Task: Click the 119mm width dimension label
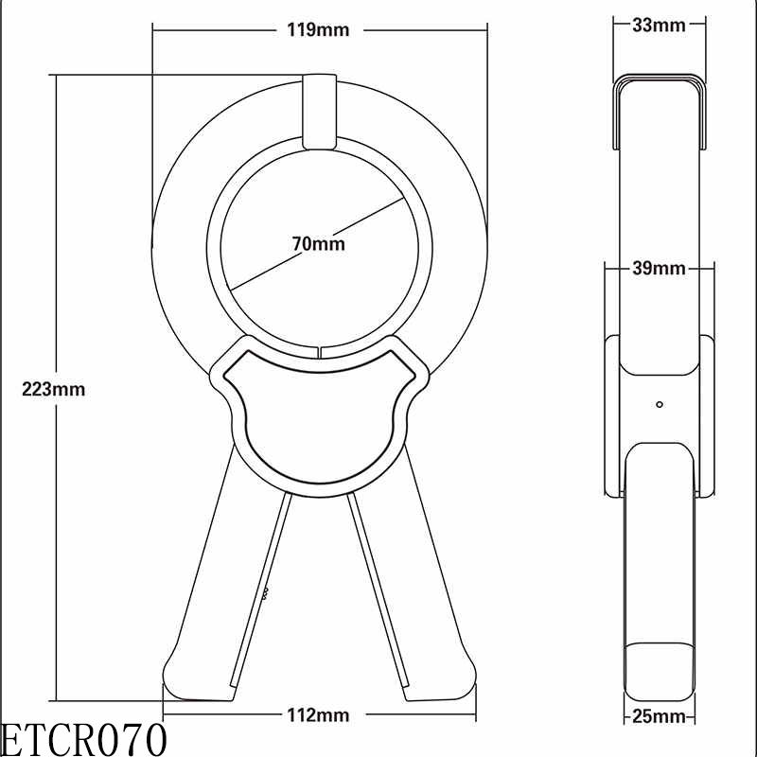[318, 29]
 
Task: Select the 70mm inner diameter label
[318, 244]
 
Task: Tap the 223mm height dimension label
[54, 389]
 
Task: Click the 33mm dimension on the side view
[658, 26]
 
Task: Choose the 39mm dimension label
[658, 269]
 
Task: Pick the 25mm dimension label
[658, 717]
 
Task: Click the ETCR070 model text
[83, 739]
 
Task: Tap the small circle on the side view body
[659, 404]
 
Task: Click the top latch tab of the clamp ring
[317, 111]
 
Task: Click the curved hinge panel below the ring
[319, 416]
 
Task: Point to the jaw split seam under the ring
[320, 353]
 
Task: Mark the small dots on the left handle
[266, 594]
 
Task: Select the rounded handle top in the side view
[659, 464]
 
